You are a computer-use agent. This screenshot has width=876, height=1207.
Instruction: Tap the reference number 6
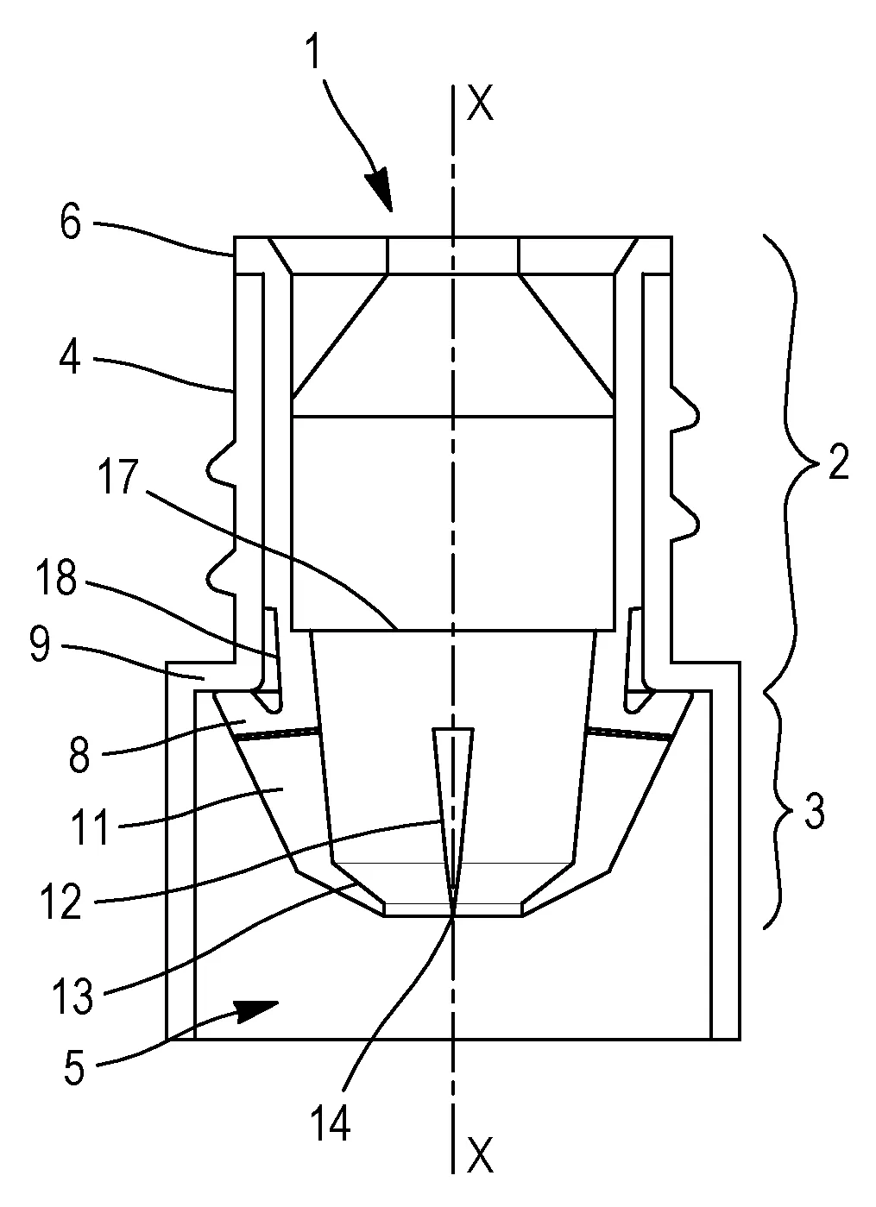click(x=71, y=222)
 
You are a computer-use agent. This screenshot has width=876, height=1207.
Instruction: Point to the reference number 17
click(x=118, y=476)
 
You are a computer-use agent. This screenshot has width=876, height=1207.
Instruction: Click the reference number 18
click(x=56, y=577)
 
